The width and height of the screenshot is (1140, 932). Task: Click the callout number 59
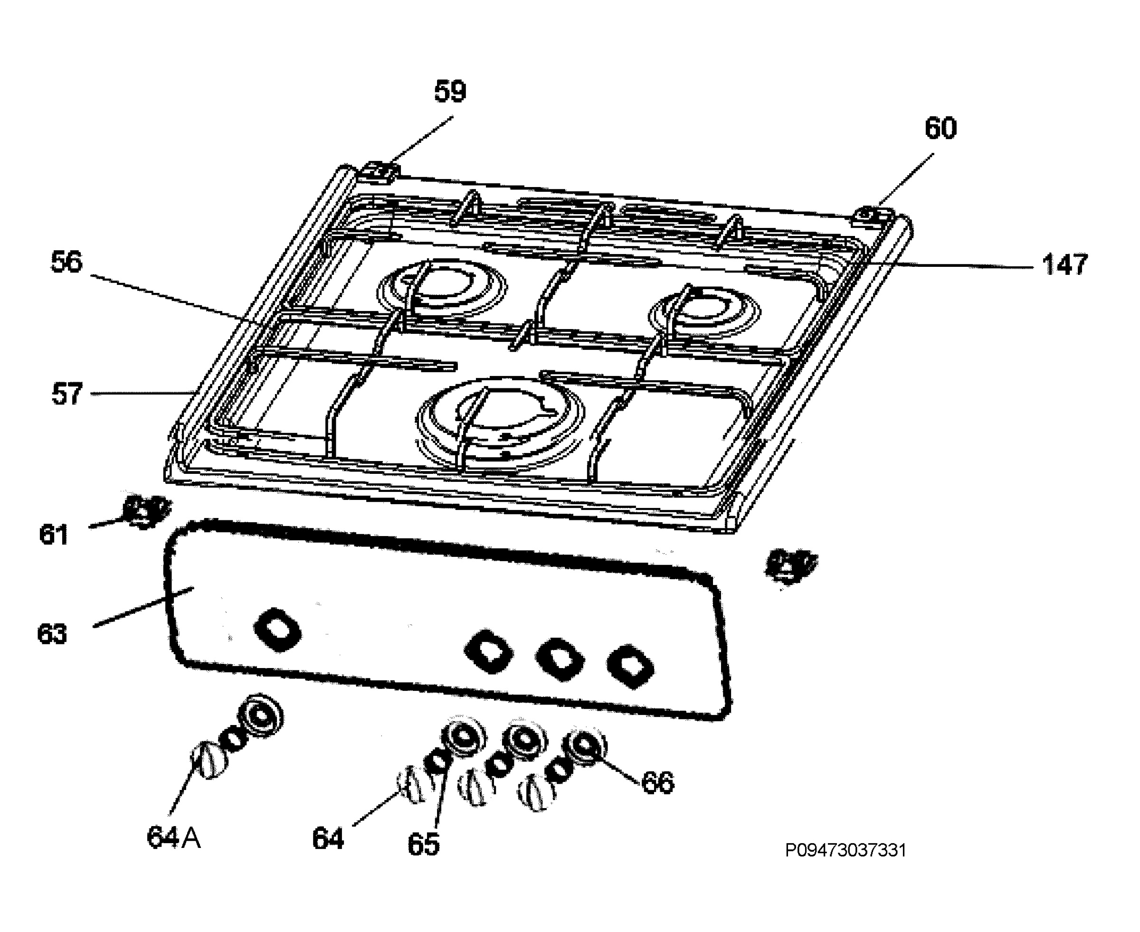pyautogui.click(x=450, y=91)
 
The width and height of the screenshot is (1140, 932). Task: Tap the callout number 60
pyautogui.click(x=940, y=128)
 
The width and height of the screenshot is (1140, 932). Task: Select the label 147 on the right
pyautogui.click(x=1064, y=264)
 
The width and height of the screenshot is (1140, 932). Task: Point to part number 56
pyautogui.click(x=66, y=262)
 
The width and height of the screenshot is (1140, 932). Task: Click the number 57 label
pyautogui.click(x=67, y=394)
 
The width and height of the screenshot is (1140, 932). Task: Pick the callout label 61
pyautogui.click(x=54, y=535)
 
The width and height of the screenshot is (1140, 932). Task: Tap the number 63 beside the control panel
pyautogui.click(x=52, y=634)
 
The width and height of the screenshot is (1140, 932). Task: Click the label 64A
pyautogui.click(x=174, y=837)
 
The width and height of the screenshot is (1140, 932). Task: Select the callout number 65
pyautogui.click(x=423, y=844)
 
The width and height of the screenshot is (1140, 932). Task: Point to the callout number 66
pyautogui.click(x=658, y=782)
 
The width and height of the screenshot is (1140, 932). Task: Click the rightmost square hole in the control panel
pyautogui.click(x=630, y=666)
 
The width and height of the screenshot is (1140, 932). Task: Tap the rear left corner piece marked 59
pyautogui.click(x=381, y=172)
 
